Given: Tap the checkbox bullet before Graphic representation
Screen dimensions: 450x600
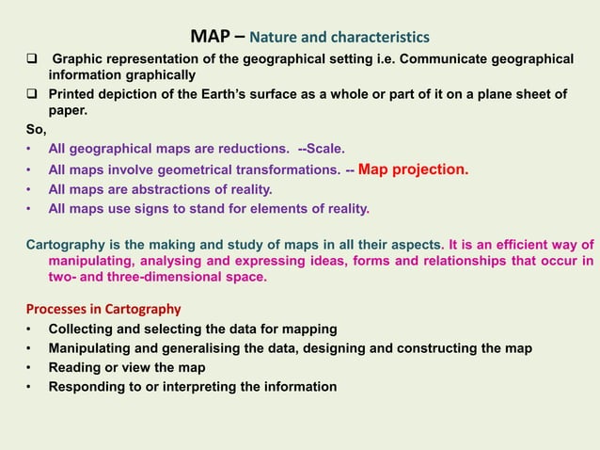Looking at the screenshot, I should [31, 59].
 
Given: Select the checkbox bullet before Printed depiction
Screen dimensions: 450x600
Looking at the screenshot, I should [31, 95].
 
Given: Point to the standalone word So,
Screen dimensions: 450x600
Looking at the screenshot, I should [36, 129].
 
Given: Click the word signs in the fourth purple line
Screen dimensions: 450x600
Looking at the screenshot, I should [154, 208].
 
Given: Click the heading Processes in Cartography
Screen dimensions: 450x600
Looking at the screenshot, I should [103, 309].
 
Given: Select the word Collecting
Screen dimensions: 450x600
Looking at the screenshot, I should [82, 329].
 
